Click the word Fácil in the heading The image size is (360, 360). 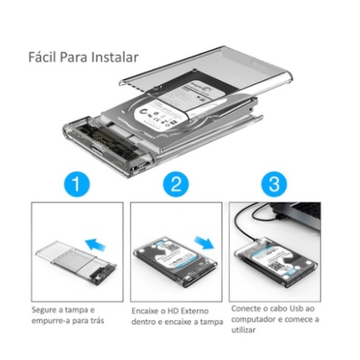[x=43, y=57]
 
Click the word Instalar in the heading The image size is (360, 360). [x=115, y=57]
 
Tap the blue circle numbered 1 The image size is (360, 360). [x=77, y=184]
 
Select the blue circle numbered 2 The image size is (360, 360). [x=176, y=184]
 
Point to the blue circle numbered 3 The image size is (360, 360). [x=274, y=184]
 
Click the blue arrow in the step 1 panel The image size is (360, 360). [x=95, y=244]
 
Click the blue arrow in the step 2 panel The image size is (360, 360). [x=204, y=242]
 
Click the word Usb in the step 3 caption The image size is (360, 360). [x=296, y=308]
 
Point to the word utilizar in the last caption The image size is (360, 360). [x=244, y=330]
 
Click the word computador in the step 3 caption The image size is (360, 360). [x=253, y=319]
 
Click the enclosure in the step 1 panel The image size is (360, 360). [x=76, y=264]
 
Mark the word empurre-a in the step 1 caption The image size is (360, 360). [x=47, y=321]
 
